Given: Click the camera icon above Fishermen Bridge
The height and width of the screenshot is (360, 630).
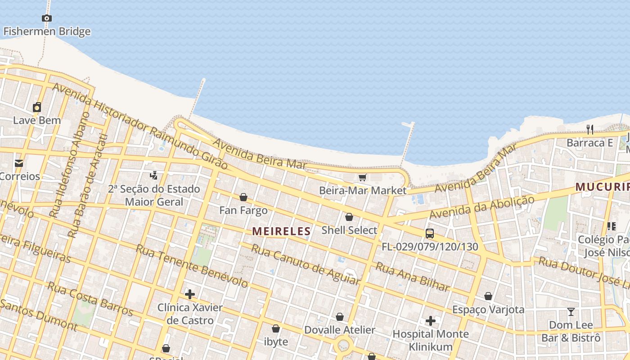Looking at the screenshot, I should [46, 18].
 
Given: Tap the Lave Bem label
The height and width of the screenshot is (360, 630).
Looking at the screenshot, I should [37, 121].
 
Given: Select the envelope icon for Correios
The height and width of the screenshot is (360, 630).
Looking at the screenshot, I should [19, 163].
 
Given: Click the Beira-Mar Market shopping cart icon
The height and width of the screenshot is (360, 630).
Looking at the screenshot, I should [363, 178].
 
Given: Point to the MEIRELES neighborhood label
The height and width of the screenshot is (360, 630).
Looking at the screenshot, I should [281, 231].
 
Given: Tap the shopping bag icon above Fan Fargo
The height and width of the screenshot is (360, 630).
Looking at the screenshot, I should [243, 197].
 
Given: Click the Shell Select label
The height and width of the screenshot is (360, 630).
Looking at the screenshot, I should [349, 230].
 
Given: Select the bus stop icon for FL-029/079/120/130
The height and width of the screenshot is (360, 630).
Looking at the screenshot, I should [430, 234].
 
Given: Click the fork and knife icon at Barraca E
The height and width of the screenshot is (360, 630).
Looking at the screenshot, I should [590, 130].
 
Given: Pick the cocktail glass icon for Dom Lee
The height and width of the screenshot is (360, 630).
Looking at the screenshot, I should [571, 312].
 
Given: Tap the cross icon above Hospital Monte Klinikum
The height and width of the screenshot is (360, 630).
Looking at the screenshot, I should [431, 321].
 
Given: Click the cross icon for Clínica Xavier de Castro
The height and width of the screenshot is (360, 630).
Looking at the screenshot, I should [190, 295].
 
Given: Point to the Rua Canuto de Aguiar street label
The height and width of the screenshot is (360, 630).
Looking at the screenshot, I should [306, 265].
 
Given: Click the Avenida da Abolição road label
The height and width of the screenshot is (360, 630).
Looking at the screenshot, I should [481, 207].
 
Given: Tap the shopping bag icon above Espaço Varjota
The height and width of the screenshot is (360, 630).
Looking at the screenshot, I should [488, 296].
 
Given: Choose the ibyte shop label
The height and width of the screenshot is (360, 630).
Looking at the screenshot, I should [276, 342].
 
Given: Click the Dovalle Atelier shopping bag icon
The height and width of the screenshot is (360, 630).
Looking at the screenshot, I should [340, 317].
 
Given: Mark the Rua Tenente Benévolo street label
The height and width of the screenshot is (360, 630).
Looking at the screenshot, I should [192, 266].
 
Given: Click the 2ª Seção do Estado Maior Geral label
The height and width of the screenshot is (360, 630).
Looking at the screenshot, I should [154, 195].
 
